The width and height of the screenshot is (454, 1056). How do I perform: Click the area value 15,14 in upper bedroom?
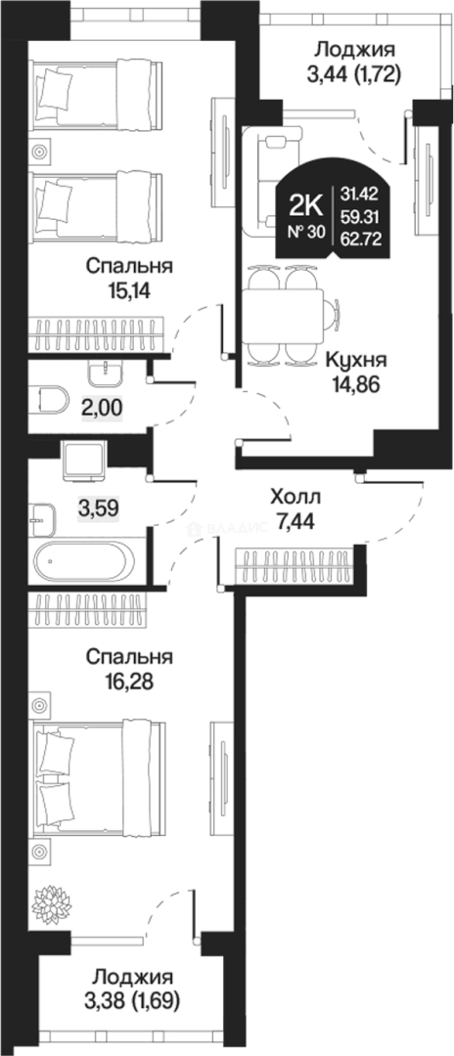tap(128, 289)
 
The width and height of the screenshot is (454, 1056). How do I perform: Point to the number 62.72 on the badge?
tap(362, 234)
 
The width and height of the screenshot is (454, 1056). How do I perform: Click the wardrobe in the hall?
tap(295, 566)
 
